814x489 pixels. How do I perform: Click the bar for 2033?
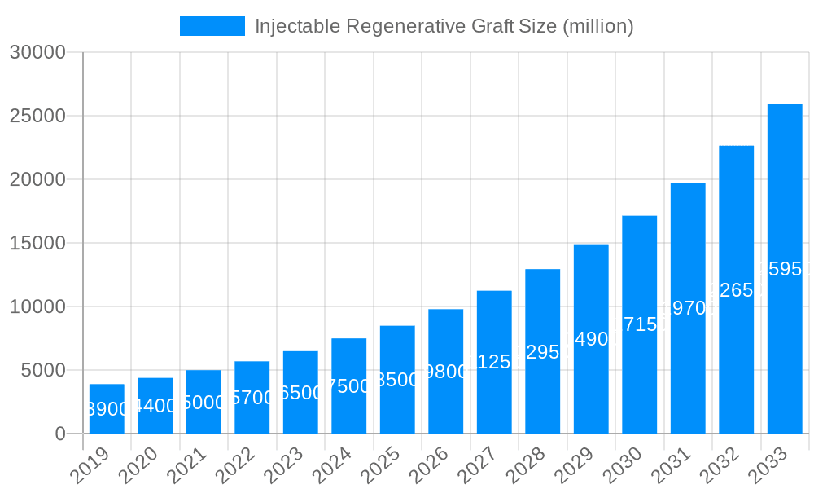[x=785, y=268]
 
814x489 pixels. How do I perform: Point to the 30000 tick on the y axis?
[x=37, y=52]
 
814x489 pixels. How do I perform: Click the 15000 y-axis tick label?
[x=37, y=243]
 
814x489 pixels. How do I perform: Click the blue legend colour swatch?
[x=212, y=26]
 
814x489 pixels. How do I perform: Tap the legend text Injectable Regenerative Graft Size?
[x=405, y=26]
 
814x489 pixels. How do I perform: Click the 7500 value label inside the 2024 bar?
[x=348, y=386]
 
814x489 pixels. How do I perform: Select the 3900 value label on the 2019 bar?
[x=107, y=409]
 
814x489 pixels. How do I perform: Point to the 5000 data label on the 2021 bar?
[x=203, y=403]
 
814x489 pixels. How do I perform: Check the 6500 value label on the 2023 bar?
[x=300, y=393]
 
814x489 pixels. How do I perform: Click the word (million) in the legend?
[x=597, y=26]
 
